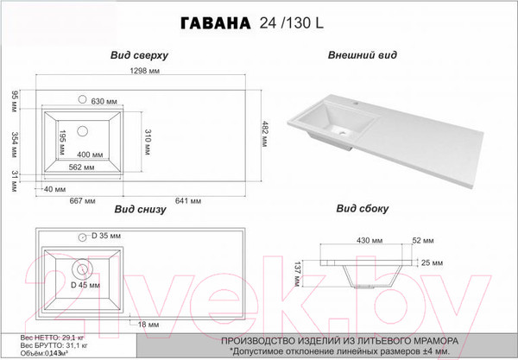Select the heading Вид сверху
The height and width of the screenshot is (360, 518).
(139, 54)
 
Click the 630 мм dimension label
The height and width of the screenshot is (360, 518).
(104, 102)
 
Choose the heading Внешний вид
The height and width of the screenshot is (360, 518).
(363, 54)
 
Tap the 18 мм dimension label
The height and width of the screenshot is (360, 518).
(148, 324)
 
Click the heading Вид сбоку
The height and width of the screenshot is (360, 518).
(363, 210)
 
